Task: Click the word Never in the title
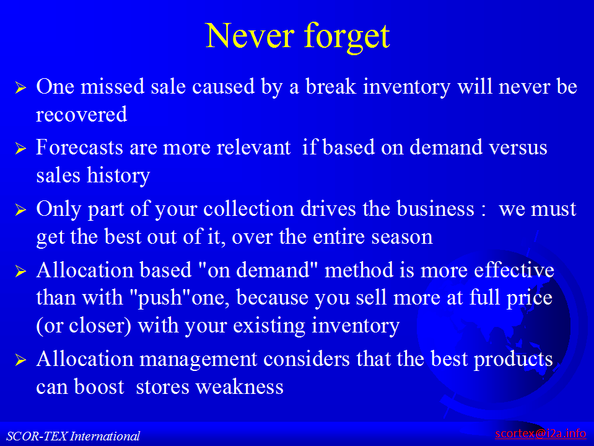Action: [x=250, y=35]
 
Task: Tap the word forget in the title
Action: [x=347, y=37]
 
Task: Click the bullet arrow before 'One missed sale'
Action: [x=20, y=87]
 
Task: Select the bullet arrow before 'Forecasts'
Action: [x=20, y=148]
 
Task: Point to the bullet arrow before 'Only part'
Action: [x=20, y=210]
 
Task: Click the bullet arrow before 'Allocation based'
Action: [x=20, y=271]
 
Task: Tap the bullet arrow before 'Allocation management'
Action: [x=20, y=360]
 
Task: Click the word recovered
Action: [x=81, y=115]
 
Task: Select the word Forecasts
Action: [x=79, y=147]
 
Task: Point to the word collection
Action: [x=248, y=208]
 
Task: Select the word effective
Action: [x=514, y=270]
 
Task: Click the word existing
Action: [x=269, y=326]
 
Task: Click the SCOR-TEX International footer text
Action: [x=73, y=436]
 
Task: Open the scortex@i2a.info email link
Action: [x=541, y=433]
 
